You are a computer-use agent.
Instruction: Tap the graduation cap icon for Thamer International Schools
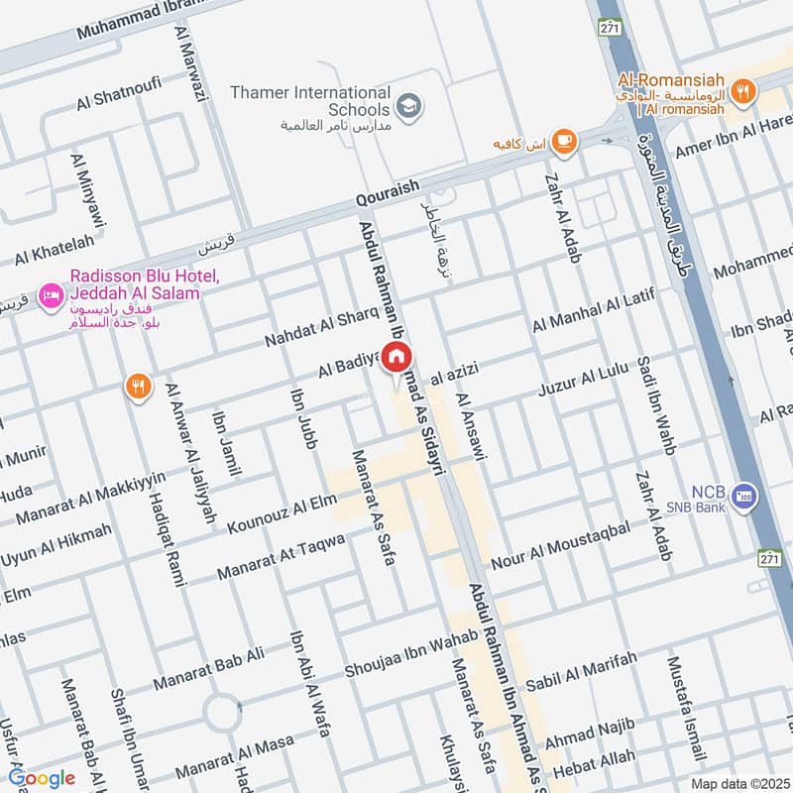click(x=406, y=103)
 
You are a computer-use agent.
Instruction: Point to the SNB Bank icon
click(x=745, y=493)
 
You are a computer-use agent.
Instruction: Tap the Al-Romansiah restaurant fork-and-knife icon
click(x=741, y=91)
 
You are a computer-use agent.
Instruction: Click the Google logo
click(x=42, y=778)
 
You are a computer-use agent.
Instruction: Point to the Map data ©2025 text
click(x=738, y=783)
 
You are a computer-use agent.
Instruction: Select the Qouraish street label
click(x=389, y=195)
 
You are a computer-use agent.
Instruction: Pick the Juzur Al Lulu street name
click(x=585, y=382)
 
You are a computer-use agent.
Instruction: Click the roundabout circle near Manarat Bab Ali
click(x=222, y=711)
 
